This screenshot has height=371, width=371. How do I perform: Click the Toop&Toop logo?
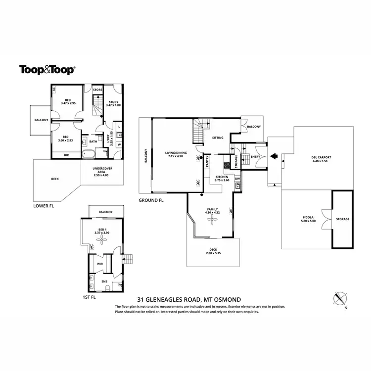pos(47,70)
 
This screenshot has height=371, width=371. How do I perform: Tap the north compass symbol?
pos(340,298)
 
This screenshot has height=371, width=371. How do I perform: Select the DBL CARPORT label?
pos(322,157)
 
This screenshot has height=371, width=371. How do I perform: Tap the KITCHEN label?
pos(221,177)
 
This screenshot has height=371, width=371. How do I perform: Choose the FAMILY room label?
pos(212,210)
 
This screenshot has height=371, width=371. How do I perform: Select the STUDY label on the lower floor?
pos(114,102)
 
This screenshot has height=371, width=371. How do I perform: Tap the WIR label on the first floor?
pos(99,264)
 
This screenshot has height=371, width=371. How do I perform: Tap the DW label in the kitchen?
pos(237,179)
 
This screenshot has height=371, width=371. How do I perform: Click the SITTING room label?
pos(218,138)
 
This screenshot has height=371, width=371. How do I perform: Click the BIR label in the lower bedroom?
pos(66,155)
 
